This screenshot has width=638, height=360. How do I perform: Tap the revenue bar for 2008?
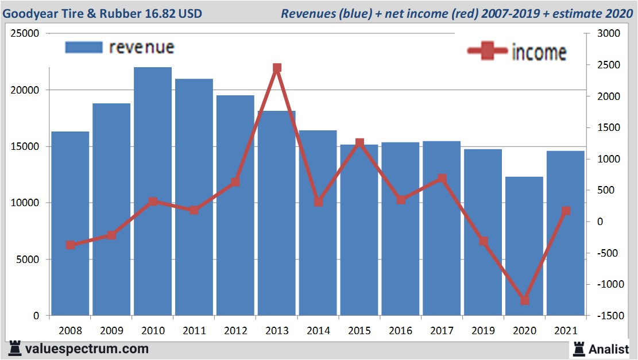pyautogui.click(x=70, y=223)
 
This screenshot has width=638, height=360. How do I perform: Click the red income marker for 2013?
pyautogui.click(x=277, y=68)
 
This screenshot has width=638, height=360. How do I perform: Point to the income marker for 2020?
pyautogui.click(x=524, y=300)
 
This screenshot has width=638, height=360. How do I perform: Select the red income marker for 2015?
pyautogui.click(x=359, y=142)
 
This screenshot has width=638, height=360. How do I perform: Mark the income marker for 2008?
pyautogui.click(x=70, y=245)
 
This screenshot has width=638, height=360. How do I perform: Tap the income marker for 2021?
pyautogui.click(x=566, y=211)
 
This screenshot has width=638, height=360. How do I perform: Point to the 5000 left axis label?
pyautogui.click(x=28, y=260)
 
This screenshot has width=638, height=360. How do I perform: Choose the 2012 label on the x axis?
pyautogui.click(x=235, y=331)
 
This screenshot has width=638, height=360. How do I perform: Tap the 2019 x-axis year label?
pyautogui.click(x=483, y=331)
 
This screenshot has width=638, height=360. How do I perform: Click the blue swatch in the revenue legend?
pyautogui.click(x=84, y=47)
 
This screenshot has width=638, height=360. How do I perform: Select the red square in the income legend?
pyautogui.click(x=487, y=51)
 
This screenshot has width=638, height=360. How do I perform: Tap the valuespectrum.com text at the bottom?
pyautogui.click(x=86, y=349)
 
